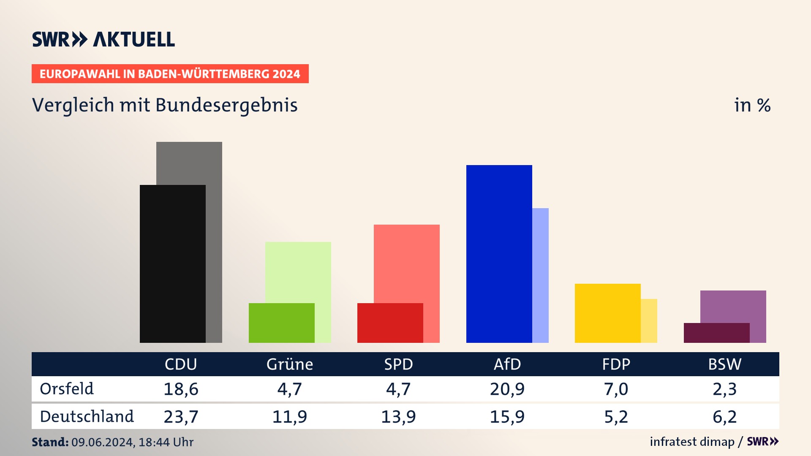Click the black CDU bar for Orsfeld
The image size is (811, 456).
pyautogui.click(x=172, y=264)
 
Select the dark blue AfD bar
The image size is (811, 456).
pyautogui.click(x=499, y=254)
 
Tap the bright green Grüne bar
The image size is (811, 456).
pyautogui.click(x=281, y=323)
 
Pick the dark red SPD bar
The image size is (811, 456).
pyautogui.click(x=390, y=323)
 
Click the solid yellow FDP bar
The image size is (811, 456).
pyautogui.click(x=607, y=313)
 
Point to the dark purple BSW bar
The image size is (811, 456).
pyautogui.click(x=716, y=333)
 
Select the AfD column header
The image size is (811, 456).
pyautogui.click(x=507, y=364)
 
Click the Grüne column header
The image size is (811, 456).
pyautogui.click(x=290, y=364)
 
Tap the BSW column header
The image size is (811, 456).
pyautogui.click(x=725, y=364)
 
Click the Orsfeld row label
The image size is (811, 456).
pyautogui.click(x=67, y=389)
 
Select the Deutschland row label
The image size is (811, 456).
pyautogui.click(x=87, y=417)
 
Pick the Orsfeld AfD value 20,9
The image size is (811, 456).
pyautogui.click(x=507, y=389)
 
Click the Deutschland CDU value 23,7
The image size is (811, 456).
pyautogui.click(x=181, y=417)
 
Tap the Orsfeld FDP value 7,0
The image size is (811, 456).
pyautogui.click(x=616, y=389)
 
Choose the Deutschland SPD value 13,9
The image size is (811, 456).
pyautogui.click(x=398, y=417)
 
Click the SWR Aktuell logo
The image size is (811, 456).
pyautogui.click(x=103, y=39)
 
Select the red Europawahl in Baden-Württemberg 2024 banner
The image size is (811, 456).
pyautogui.click(x=170, y=74)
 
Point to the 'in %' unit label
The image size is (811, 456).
pyautogui.click(x=752, y=105)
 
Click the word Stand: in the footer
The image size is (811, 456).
pyautogui.click(x=50, y=442)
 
